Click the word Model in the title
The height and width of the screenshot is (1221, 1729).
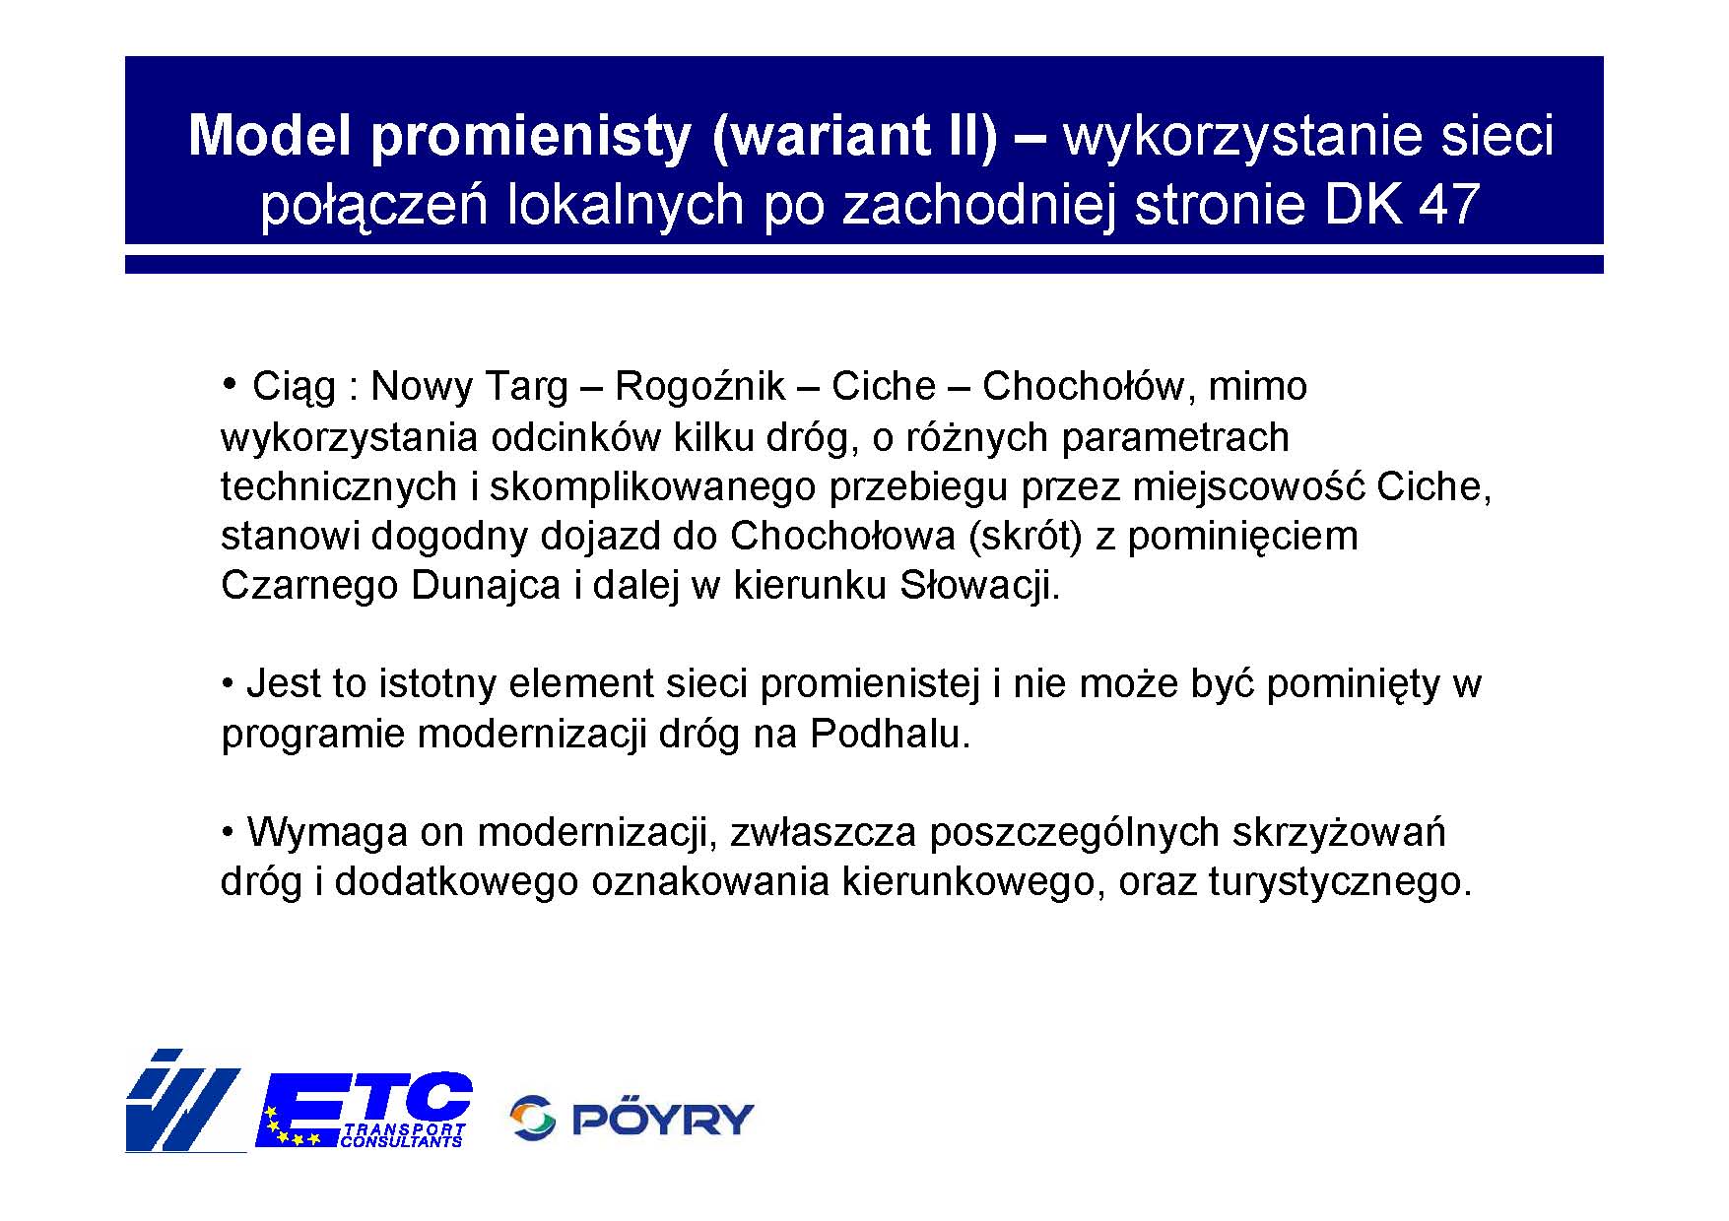270,136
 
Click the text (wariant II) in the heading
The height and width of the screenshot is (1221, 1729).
853,137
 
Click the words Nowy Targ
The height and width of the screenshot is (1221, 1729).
469,387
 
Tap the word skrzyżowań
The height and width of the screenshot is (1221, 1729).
1339,833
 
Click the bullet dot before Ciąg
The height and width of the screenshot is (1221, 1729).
229,382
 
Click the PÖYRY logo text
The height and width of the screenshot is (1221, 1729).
663,1119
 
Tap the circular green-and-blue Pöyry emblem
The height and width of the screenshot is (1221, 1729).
533,1119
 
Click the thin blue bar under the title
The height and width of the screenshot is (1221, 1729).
864,264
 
